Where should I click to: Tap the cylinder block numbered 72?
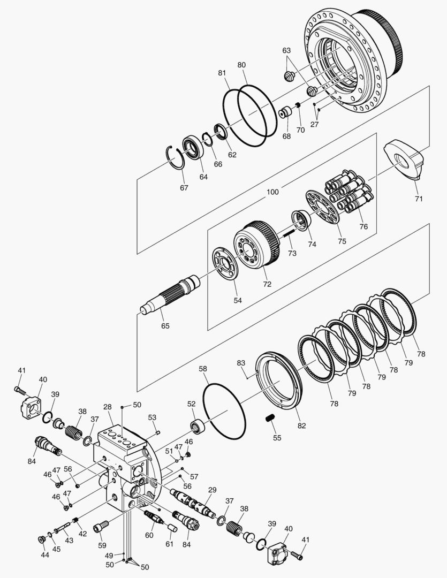(257, 247)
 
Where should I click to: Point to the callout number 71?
(419, 199)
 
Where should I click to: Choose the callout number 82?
(301, 425)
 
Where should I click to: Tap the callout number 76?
(363, 226)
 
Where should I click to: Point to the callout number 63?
(286, 50)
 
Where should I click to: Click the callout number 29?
(213, 490)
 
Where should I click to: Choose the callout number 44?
(44, 555)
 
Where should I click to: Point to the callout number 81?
(222, 72)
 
